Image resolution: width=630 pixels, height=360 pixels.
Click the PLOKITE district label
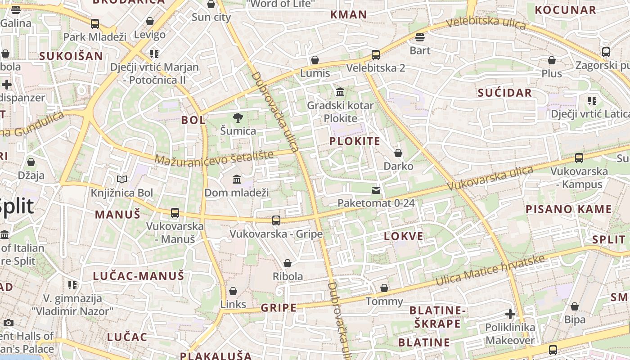[355, 141]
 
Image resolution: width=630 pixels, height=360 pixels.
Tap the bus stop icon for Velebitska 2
[376, 55]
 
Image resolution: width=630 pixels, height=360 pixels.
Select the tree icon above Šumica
[238, 118]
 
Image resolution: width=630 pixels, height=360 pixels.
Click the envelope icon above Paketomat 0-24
[376, 190]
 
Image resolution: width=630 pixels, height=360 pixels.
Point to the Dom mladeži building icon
[237, 180]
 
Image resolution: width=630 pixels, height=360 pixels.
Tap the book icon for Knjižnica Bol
[122, 180]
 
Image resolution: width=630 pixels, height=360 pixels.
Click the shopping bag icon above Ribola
[288, 263]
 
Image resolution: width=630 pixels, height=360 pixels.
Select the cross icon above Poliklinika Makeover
[510, 314]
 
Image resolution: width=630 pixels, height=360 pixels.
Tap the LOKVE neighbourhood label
[404, 236]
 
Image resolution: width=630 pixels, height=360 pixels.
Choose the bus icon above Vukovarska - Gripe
[276, 220]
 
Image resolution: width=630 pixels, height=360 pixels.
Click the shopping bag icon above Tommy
[384, 288]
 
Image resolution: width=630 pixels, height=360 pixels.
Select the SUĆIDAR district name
[504, 93]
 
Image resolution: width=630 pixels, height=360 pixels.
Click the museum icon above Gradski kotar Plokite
[340, 92]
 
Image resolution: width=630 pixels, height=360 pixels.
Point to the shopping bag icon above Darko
[398, 153]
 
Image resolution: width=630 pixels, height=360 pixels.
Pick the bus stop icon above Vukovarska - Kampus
[579, 158]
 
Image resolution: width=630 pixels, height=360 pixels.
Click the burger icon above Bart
[420, 37]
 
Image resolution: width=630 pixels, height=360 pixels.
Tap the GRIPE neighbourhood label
[279, 308]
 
